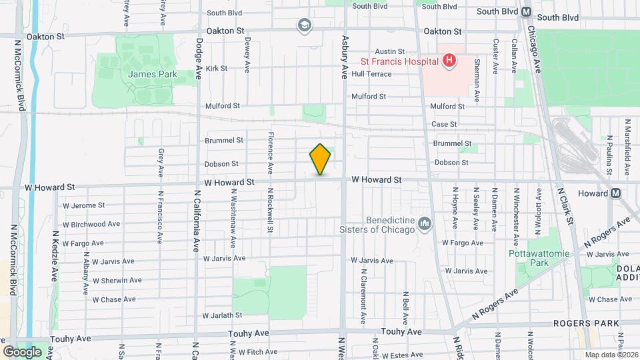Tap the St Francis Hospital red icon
click(x=449, y=61)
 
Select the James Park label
click(x=153, y=74)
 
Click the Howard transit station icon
click(x=615, y=193)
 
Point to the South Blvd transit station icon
click(x=526, y=11)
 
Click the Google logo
click(x=22, y=351)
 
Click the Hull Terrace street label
click(x=371, y=74)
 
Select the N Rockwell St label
click(x=270, y=209)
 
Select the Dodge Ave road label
click(x=198, y=59)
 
